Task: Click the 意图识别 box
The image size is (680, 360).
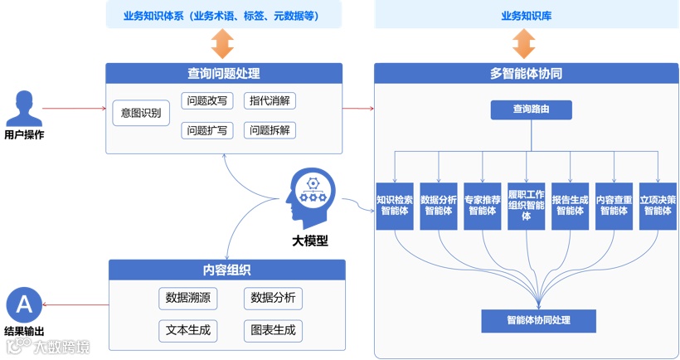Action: [x=140, y=112]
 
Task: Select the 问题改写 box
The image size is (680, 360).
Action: [x=207, y=101]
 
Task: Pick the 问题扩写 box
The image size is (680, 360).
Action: [x=207, y=130]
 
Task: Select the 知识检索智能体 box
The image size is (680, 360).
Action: [x=395, y=205]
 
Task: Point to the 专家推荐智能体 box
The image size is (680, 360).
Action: [x=482, y=205]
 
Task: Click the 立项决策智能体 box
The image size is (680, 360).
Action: [x=658, y=205]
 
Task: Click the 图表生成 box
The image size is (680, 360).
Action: [x=273, y=330]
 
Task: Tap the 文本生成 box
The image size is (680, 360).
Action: [x=187, y=330]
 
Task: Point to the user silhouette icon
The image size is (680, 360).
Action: [x=24, y=109]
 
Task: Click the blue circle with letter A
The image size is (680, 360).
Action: [x=24, y=305]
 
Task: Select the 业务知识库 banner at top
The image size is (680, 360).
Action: [x=523, y=16]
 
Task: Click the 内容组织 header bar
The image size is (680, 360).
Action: [x=226, y=270]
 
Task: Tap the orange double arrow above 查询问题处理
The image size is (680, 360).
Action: [x=224, y=45]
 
